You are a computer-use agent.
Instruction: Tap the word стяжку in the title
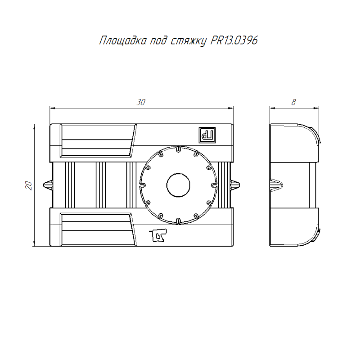coord(189,42)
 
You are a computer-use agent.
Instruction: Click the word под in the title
coord(158,41)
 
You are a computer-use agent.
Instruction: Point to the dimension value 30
coord(141,103)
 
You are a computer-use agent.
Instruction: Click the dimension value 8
coord(293,103)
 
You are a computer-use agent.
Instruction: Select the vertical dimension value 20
coord(28,185)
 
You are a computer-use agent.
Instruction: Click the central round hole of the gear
coord(179,185)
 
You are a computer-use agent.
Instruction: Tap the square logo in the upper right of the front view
coord(208,134)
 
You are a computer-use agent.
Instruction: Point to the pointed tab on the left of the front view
coord(47,185)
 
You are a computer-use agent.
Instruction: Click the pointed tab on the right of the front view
coord(237,185)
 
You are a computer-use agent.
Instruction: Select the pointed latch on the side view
coord(277,185)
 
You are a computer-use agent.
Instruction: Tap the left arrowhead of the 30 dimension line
coord(52,108)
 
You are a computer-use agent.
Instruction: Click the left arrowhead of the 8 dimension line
coord(272,108)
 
